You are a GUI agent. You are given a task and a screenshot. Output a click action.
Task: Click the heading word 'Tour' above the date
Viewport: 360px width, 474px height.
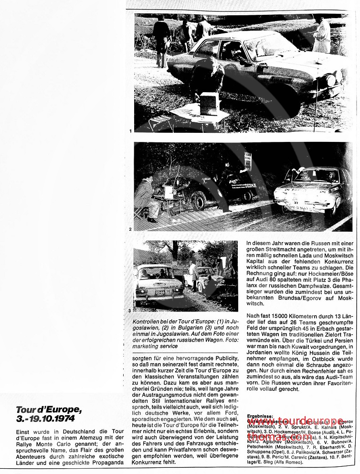pyautogui.click(x=26, y=410)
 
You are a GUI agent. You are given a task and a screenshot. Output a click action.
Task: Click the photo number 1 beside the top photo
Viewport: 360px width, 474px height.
pyautogui.click(x=130, y=130)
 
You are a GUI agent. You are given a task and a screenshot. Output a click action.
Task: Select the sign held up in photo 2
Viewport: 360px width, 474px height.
pyautogui.click(x=248, y=161)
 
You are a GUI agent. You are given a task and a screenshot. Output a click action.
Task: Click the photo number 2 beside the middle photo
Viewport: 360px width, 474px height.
pyautogui.click(x=130, y=229)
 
